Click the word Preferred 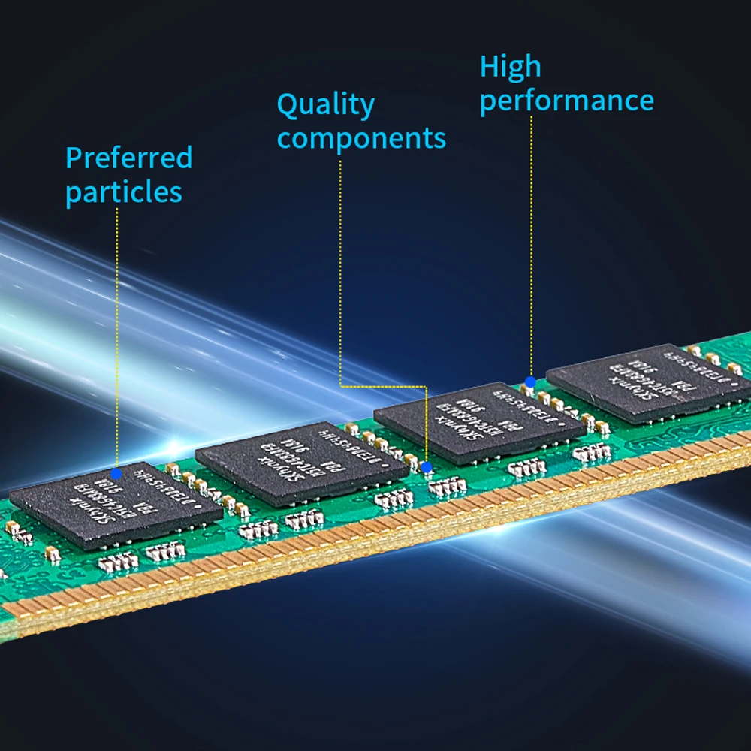click(128, 158)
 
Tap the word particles click(123, 192)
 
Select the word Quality click(325, 106)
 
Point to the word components click(361, 139)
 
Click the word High click(510, 68)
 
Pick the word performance click(566, 101)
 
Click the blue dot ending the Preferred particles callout click(116, 473)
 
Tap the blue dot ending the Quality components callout click(427, 467)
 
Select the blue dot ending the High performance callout click(530, 382)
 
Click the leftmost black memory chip click(116, 504)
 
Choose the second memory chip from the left click(300, 462)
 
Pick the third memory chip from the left click(478, 422)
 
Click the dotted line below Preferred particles click(116, 338)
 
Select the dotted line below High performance click(531, 248)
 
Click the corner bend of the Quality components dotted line click(341, 386)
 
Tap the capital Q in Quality click(288, 106)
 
